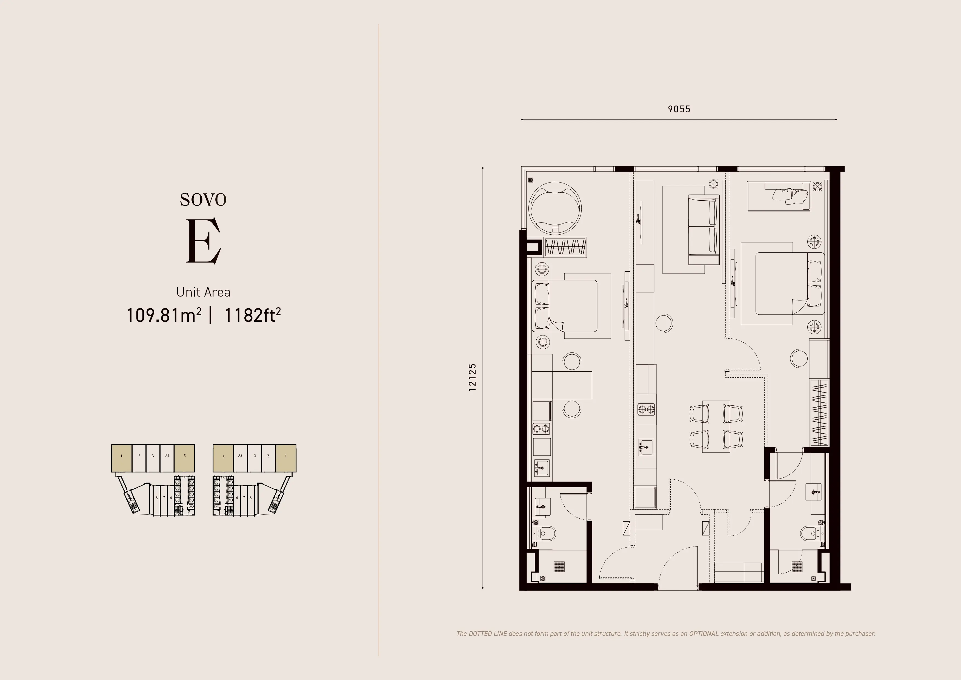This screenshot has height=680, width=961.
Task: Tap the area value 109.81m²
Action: [x=164, y=315]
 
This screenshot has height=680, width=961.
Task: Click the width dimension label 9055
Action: [x=679, y=109]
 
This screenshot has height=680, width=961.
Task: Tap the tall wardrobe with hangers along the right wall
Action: [x=820, y=412]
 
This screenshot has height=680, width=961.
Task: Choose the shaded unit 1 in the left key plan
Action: [x=121, y=458]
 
